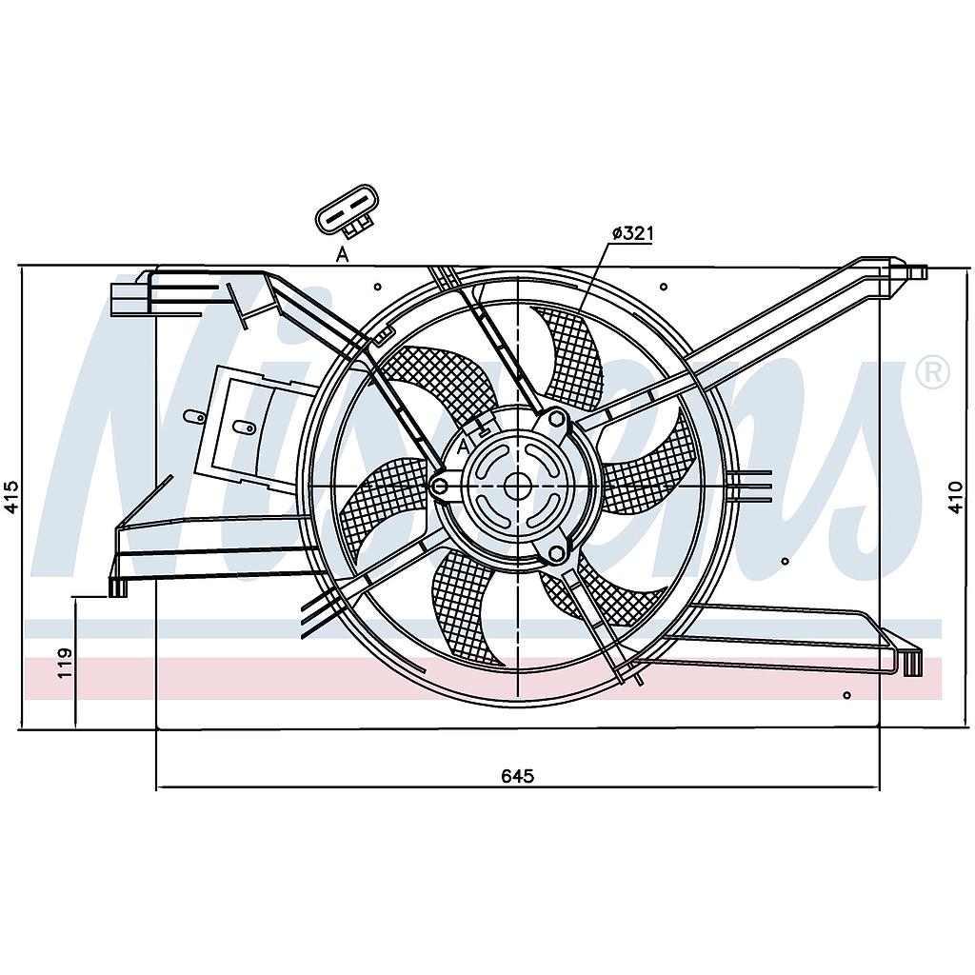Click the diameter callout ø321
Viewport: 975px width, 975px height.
633,234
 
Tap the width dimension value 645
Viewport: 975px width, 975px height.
517,775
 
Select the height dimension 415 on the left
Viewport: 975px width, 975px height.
11,497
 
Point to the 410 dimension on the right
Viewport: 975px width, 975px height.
956,497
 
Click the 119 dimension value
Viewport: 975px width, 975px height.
65,664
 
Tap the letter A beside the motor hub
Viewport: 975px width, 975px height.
462,446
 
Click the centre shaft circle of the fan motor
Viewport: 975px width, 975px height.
517,486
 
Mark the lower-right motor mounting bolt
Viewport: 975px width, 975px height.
556,554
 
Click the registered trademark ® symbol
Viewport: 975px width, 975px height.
932,372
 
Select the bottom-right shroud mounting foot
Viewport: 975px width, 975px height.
911,663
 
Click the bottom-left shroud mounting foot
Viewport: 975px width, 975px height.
117,587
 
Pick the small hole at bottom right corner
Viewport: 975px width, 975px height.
846,694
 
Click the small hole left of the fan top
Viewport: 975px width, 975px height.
377,287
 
